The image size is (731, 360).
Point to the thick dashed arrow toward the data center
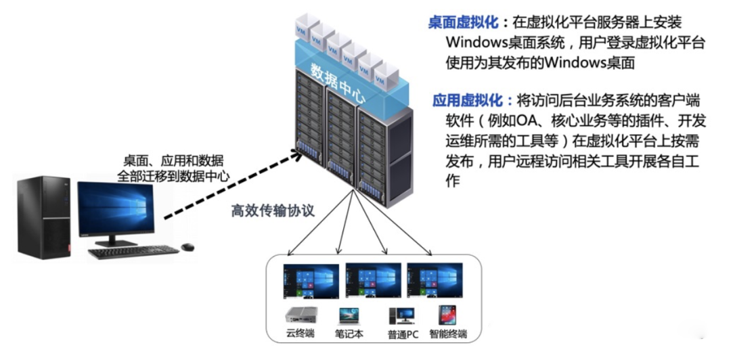pos(230,187)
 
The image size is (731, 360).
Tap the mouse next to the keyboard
pos(187,246)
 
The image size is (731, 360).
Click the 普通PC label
pos(403,334)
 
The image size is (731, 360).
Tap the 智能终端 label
pos(448,334)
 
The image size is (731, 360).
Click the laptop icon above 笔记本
pos(349,315)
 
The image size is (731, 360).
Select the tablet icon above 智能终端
pos(447,315)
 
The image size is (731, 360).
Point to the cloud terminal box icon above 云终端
pos(300,315)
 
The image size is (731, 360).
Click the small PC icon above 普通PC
pos(401,315)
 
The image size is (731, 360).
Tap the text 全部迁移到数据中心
pos(173,176)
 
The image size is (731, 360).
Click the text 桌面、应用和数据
pos(173,161)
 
